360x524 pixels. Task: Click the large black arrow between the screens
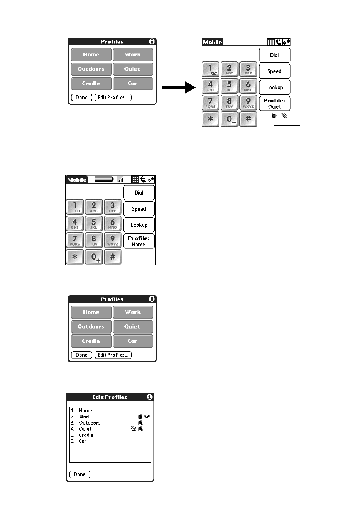coord(179,88)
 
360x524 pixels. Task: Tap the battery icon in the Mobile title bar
coord(104,179)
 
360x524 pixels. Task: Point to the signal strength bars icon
coord(121,179)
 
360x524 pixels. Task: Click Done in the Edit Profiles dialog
coord(80,474)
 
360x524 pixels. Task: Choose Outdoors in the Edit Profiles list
coord(90,423)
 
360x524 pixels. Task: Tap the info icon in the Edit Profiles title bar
coord(149,397)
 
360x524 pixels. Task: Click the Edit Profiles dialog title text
coord(109,397)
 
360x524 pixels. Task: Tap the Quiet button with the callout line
coord(133,69)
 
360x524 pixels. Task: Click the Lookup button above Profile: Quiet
coord(274,88)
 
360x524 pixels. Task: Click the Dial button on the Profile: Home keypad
coord(139,193)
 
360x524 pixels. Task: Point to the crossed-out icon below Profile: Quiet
coord(284,116)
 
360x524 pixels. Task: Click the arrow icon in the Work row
coord(147,417)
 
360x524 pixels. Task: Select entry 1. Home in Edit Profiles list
coord(85,410)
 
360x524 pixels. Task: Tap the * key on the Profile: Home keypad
coord(75,257)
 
